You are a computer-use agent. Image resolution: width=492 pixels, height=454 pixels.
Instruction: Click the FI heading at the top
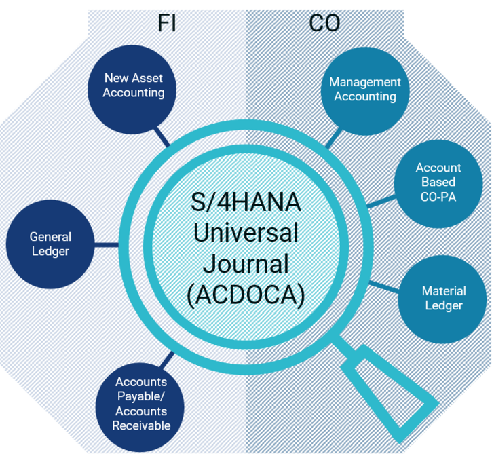click(x=167, y=22)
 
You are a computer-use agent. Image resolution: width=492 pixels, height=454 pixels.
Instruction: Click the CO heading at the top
click(x=324, y=23)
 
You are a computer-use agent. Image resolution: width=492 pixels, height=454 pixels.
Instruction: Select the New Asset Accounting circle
click(x=132, y=90)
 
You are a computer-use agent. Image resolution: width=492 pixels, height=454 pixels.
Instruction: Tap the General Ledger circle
click(x=50, y=244)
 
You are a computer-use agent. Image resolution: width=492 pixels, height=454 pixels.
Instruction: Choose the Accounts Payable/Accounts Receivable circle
click(x=140, y=407)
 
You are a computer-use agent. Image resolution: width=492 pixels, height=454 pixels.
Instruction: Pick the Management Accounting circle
click(x=365, y=91)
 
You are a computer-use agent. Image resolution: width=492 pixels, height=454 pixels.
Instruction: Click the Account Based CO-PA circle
click(x=438, y=184)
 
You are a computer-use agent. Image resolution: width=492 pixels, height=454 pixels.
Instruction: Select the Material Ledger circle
click(x=442, y=299)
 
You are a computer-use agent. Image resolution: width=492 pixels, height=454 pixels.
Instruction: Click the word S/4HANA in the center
click(x=246, y=202)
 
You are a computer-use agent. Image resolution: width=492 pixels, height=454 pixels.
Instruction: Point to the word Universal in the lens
click(x=246, y=233)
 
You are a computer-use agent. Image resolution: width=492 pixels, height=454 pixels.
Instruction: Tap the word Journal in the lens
click(x=246, y=263)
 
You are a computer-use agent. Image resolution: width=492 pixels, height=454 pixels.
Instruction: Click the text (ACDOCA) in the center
click(x=246, y=295)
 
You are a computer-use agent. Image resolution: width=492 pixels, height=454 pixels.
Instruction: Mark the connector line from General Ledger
click(x=107, y=245)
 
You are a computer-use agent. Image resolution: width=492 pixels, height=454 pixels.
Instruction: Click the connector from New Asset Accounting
click(x=162, y=137)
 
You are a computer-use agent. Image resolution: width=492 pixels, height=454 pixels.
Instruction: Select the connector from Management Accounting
click(x=334, y=138)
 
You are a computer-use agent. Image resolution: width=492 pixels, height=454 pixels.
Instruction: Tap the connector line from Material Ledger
click(x=385, y=287)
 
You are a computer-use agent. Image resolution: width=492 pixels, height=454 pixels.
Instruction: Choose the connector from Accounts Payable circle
click(x=167, y=360)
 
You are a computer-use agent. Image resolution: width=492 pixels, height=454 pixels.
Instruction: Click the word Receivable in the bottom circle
click(x=141, y=425)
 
